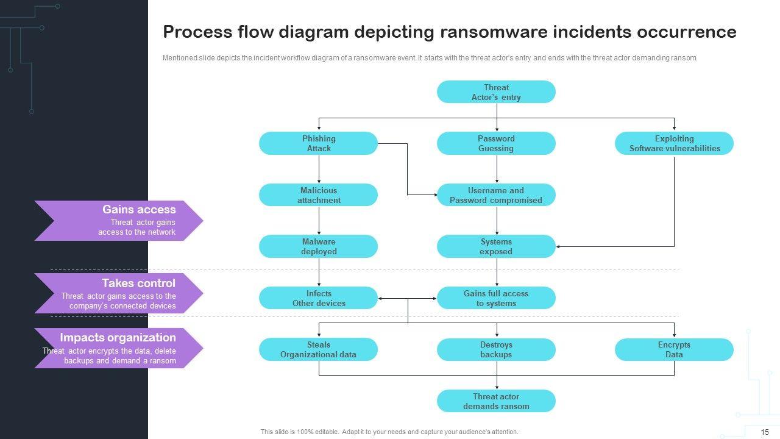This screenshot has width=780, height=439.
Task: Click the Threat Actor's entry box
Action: pyautogui.click(x=496, y=92)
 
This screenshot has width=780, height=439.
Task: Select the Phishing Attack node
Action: pyautogui.click(x=318, y=143)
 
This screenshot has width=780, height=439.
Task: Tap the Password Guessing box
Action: pyautogui.click(x=496, y=143)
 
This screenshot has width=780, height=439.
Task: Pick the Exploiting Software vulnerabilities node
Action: pyautogui.click(x=674, y=143)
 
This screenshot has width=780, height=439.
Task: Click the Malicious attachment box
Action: pyautogui.click(x=318, y=195)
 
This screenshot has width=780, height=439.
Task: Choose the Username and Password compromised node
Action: pyautogui.click(x=496, y=195)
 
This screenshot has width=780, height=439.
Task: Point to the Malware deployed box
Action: pyautogui.click(x=318, y=246)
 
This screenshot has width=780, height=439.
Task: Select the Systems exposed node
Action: pyautogui.click(x=496, y=246)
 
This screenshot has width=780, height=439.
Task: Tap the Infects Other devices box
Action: pyautogui.click(x=318, y=298)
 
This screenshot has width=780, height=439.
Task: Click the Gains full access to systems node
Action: pyautogui.click(x=496, y=298)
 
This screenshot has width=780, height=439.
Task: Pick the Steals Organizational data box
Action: pyautogui.click(x=318, y=349)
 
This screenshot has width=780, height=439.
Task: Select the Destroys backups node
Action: pyautogui.click(x=496, y=349)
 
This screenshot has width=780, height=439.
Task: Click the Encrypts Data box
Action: pyautogui.click(x=674, y=349)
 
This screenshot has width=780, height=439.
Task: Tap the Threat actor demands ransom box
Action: pyautogui.click(x=496, y=401)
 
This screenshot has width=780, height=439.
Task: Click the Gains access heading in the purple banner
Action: pyautogui.click(x=139, y=210)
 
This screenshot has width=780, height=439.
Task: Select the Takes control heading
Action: pyautogui.click(x=138, y=283)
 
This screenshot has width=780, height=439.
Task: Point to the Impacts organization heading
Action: pyautogui.click(x=118, y=338)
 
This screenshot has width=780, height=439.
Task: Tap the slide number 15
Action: pyautogui.click(x=765, y=432)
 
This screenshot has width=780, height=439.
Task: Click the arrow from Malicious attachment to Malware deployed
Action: pyautogui.click(x=319, y=221)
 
